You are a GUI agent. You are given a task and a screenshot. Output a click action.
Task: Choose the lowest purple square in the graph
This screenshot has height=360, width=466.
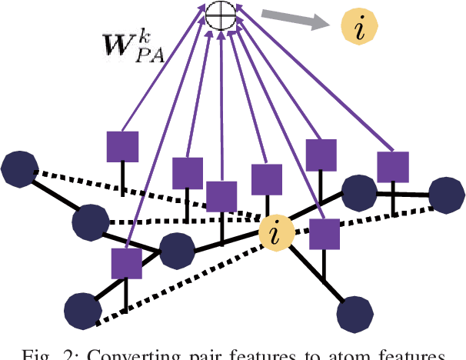tap(125, 263)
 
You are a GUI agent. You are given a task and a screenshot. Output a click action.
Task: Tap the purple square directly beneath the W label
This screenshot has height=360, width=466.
tap(122, 147)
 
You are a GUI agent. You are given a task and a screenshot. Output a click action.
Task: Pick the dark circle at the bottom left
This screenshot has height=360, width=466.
tap(82, 310)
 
